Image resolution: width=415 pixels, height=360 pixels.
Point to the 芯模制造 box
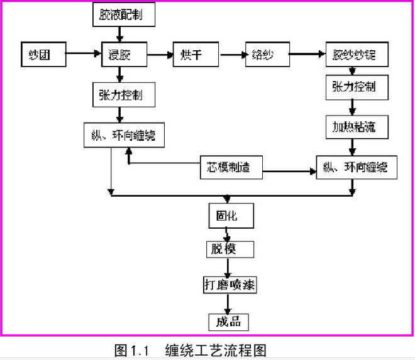coord(230,167)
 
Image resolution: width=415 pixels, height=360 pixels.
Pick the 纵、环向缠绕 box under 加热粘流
coord(355,167)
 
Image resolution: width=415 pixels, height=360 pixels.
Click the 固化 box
coord(231,215)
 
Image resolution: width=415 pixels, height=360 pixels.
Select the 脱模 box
coord(231,249)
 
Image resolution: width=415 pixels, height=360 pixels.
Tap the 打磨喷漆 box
coord(230,284)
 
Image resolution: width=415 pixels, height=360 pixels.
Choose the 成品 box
coord(229,322)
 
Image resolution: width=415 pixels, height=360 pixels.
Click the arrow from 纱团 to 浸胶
coord(82,55)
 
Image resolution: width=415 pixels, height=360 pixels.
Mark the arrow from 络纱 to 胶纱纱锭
coord(307,55)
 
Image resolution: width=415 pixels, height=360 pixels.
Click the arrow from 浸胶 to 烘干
coord(160,55)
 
